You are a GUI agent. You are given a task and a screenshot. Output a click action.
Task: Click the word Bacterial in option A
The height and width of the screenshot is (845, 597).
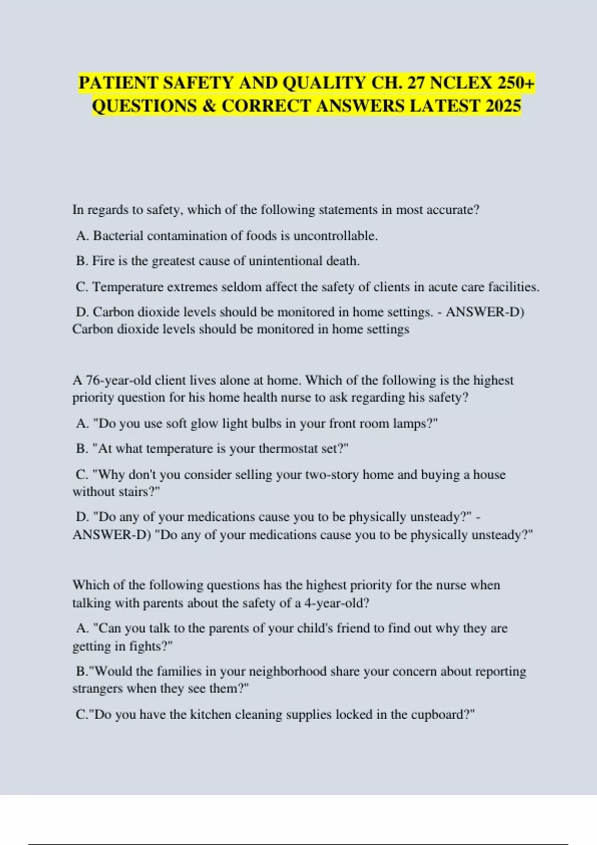tap(118, 236)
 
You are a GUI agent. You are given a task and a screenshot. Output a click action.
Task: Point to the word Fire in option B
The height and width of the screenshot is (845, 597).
tap(103, 261)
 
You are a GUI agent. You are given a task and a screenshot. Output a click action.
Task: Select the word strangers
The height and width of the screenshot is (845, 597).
tap(98, 688)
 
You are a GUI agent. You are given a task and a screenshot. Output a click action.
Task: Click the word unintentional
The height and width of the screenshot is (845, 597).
tap(285, 261)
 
